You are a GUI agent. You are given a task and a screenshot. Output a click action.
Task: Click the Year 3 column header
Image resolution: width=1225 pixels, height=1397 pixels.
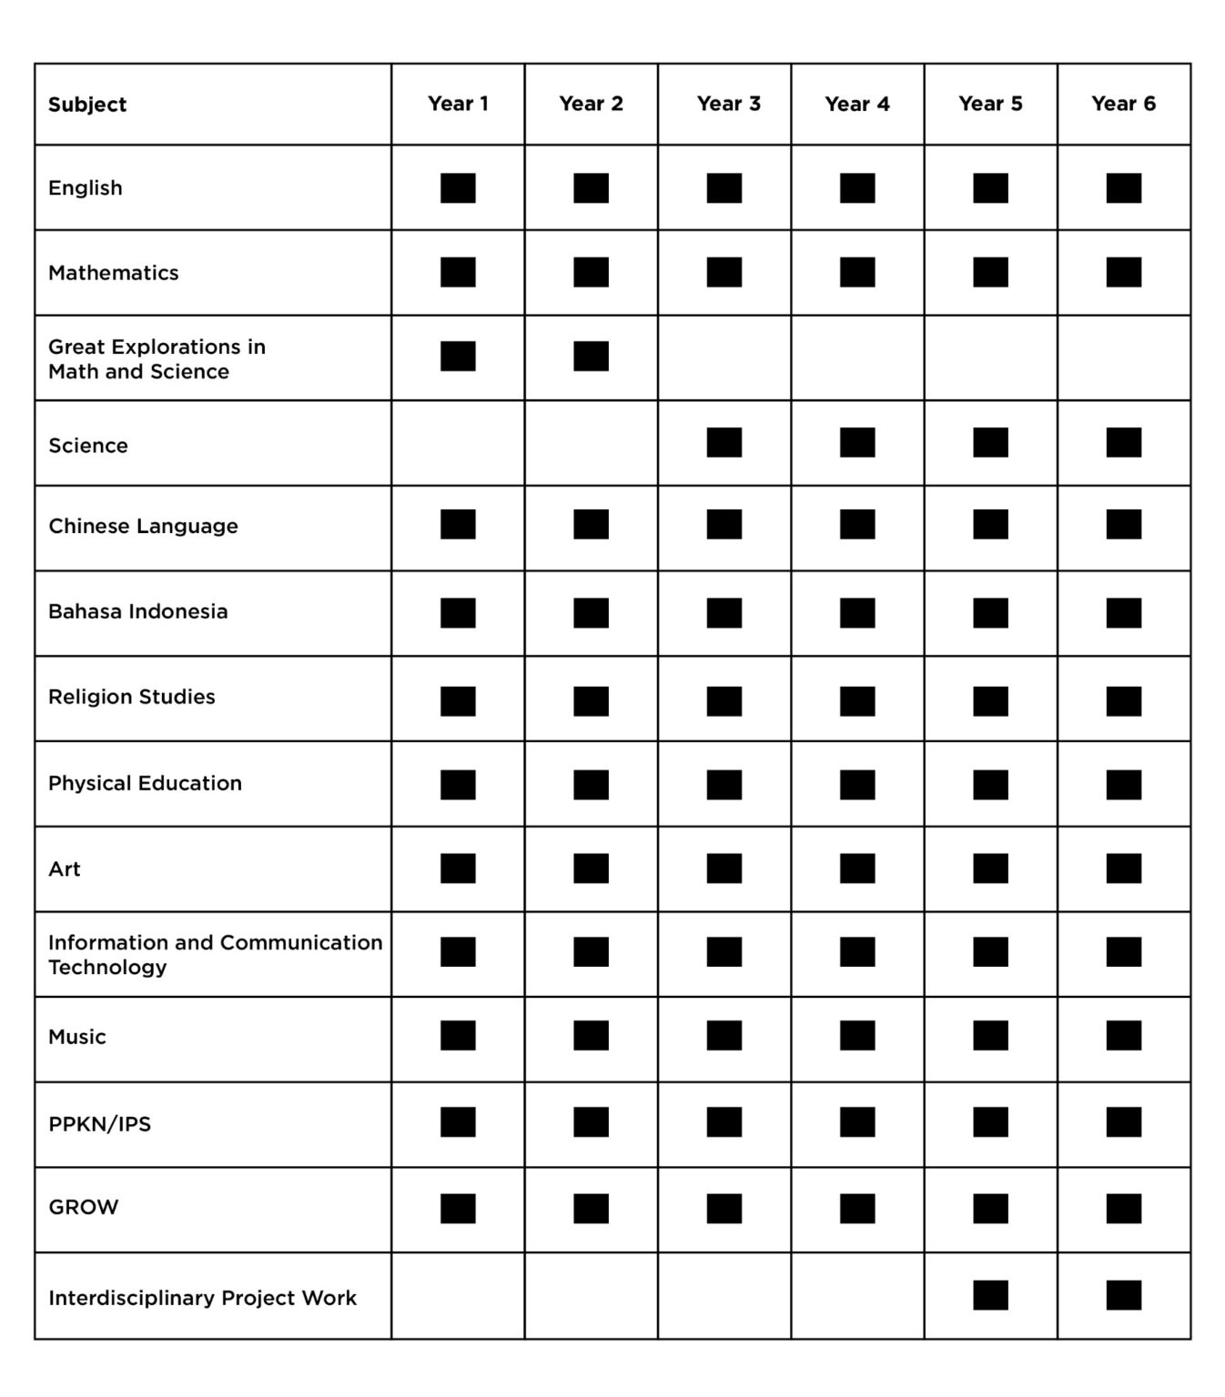[x=728, y=104]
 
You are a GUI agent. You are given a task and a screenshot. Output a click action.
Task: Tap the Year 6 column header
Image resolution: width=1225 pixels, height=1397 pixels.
[x=1123, y=104]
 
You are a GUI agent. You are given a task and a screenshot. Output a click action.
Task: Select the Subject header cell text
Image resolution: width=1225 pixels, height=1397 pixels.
[x=87, y=105]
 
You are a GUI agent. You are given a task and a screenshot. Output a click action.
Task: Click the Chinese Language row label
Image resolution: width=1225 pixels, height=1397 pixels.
[x=143, y=527]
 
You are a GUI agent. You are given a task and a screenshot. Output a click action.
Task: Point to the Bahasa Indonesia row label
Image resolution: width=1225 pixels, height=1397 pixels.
[x=137, y=611]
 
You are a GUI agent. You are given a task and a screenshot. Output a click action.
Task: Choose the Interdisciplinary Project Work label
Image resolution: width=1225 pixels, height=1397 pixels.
[x=202, y=1298]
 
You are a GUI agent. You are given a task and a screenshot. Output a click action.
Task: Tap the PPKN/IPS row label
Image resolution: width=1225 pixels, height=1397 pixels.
[x=99, y=1124]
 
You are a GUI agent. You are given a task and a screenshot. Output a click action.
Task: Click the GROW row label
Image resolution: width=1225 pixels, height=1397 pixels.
[x=83, y=1208]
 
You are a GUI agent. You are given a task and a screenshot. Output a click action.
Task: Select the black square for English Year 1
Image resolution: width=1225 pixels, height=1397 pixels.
[x=458, y=188]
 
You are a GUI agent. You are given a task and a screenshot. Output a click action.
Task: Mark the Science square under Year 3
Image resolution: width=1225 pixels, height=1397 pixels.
[x=724, y=443]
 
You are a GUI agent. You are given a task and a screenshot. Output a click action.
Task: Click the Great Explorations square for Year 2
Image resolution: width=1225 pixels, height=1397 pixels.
[x=591, y=357]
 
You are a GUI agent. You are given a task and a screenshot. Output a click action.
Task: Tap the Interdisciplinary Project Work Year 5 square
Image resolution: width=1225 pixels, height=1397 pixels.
[x=990, y=1295]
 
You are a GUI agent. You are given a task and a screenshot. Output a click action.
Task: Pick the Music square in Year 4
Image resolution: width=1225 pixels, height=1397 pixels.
[x=857, y=1036]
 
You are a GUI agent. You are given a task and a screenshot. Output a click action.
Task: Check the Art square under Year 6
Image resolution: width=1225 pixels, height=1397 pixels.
[x=1123, y=869]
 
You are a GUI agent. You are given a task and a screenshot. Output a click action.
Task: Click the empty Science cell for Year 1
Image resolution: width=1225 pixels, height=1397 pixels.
[x=458, y=443]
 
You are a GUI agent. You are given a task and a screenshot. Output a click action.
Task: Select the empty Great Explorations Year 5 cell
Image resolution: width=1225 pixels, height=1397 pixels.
[x=990, y=357]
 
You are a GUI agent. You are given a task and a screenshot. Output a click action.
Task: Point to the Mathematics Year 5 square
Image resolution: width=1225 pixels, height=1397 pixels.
[x=990, y=272]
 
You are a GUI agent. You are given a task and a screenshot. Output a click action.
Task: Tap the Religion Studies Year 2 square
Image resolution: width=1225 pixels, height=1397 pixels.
[x=591, y=701]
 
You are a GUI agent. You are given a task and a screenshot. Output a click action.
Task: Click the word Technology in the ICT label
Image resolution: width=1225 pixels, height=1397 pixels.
[x=107, y=968]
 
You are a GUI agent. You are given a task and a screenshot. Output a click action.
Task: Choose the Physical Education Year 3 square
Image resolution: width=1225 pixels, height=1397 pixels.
[x=724, y=785]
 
